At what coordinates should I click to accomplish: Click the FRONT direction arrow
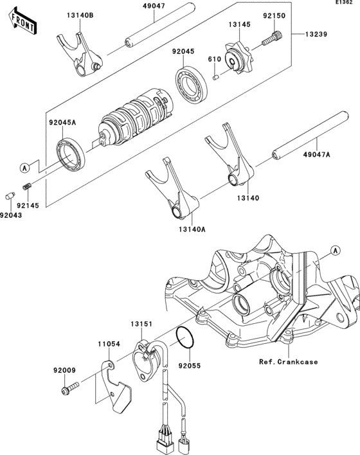22,21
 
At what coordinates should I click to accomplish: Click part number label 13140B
80,15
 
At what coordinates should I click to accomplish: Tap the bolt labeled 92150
273,39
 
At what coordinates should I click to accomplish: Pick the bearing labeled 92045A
71,154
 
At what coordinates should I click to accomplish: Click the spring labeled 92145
27,186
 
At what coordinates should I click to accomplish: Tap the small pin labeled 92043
10,195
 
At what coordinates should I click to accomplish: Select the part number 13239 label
316,34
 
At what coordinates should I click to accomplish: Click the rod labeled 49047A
310,135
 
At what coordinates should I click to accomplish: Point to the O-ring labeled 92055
184,337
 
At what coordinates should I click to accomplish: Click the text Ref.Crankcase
289,362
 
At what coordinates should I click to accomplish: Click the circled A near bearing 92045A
25,168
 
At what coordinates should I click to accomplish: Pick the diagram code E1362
344,3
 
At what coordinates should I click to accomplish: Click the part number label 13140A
192,229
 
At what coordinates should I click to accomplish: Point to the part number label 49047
154,6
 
